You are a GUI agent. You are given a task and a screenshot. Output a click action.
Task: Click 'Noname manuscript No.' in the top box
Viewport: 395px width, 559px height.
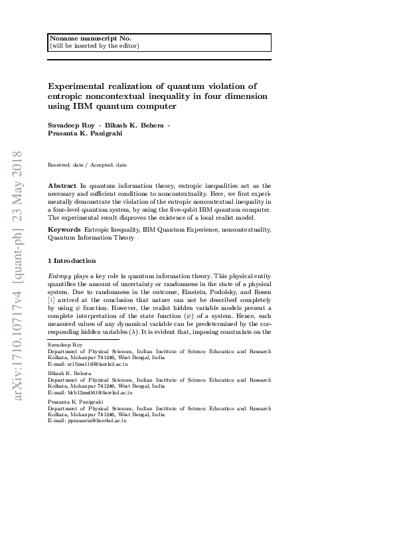pyautogui.click(x=80, y=39)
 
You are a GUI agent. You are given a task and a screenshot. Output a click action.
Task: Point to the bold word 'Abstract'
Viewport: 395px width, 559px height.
pyautogui.click(x=62, y=186)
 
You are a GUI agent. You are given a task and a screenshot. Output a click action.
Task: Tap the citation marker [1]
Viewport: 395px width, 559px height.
pyautogui.click(x=52, y=299)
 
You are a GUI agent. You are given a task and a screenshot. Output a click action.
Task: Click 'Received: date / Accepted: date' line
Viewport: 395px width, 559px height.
pyautogui.click(x=87, y=165)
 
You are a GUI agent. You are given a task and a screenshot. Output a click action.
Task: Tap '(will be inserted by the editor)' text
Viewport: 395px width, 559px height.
pyautogui.click(x=94, y=46)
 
